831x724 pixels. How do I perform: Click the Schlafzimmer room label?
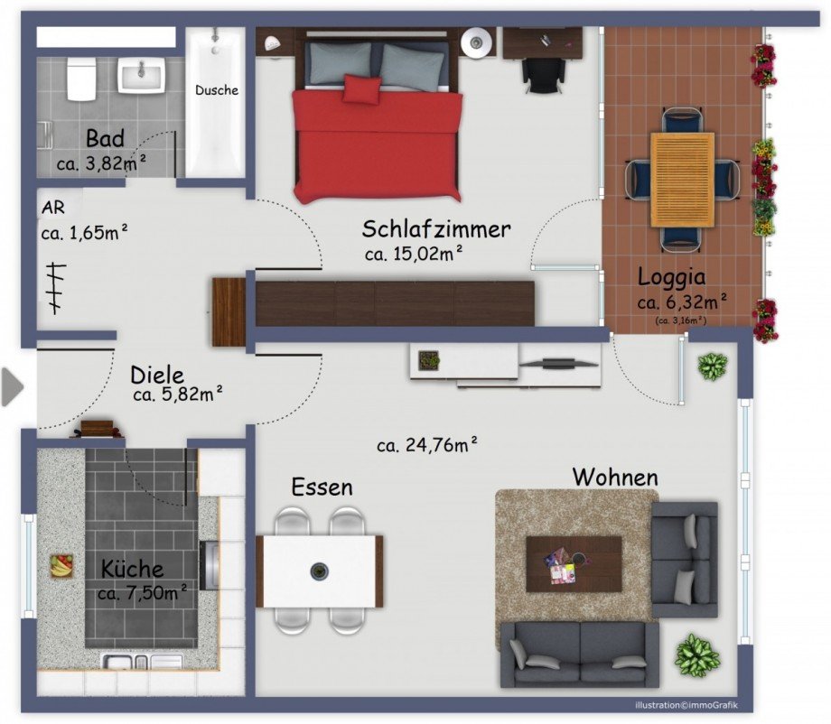click(x=436, y=228)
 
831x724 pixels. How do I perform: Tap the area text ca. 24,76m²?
click(x=427, y=444)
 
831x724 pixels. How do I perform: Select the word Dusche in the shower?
click(x=217, y=90)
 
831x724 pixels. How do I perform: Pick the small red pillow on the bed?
click(x=361, y=89)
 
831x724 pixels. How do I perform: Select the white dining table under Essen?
click(x=320, y=571)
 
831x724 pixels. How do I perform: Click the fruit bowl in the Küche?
click(x=61, y=566)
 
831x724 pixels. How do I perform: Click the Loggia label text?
click(x=671, y=277)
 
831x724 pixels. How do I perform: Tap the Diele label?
click(x=157, y=374)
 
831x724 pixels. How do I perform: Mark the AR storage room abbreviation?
click(x=51, y=207)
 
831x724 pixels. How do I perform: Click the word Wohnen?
click(x=615, y=476)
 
